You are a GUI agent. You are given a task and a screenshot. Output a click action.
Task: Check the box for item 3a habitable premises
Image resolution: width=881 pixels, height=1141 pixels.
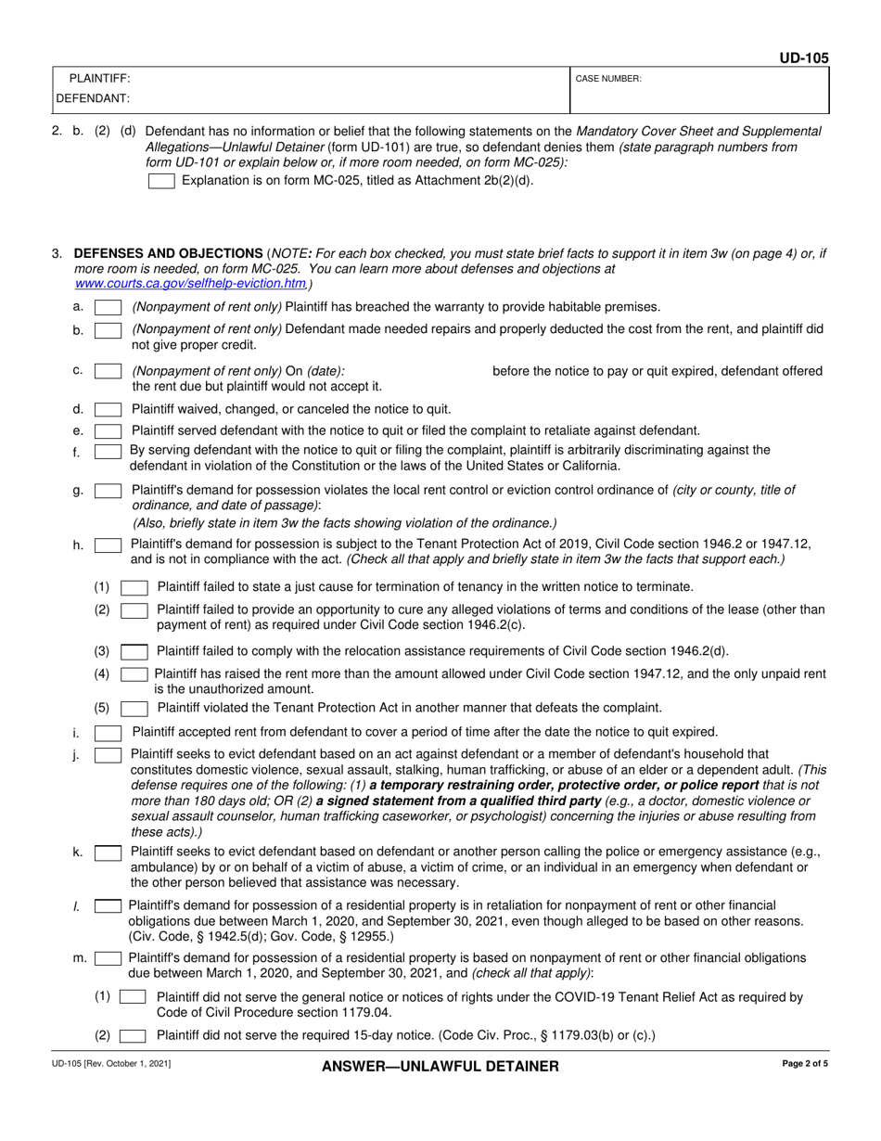click(108, 307)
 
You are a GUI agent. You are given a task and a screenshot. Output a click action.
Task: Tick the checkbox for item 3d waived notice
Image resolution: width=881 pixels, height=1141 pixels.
click(108, 409)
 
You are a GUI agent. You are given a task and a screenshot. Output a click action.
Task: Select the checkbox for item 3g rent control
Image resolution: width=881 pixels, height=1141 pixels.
click(108, 491)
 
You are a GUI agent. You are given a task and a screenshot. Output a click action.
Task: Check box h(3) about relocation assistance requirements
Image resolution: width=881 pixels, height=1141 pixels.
click(134, 651)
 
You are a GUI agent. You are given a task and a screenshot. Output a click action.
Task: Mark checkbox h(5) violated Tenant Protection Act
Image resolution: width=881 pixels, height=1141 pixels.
click(134, 709)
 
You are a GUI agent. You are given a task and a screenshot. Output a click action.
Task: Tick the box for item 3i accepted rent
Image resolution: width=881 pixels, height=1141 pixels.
click(108, 733)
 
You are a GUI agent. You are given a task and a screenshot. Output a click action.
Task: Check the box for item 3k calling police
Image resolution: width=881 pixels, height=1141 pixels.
click(108, 852)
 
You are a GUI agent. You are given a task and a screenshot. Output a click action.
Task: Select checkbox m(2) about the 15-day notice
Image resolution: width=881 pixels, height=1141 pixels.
click(134, 1035)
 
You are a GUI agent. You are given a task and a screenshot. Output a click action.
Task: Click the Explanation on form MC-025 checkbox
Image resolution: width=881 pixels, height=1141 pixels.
click(161, 181)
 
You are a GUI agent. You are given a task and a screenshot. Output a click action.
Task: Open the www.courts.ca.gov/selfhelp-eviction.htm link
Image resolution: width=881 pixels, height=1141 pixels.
click(190, 283)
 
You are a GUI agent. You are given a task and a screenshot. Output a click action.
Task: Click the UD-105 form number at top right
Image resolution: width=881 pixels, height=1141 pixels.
click(803, 58)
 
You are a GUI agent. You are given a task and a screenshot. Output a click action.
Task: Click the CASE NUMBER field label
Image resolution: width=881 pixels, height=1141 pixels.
click(608, 80)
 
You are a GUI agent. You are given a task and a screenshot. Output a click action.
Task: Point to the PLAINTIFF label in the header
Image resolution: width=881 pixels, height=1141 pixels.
click(100, 79)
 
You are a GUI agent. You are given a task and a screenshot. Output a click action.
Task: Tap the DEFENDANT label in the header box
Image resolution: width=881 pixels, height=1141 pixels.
click(93, 97)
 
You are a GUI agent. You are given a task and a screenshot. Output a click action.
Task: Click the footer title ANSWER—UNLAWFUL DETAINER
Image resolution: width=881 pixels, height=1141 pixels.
click(440, 1067)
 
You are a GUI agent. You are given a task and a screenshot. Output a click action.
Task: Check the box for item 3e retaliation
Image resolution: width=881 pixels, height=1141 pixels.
click(108, 430)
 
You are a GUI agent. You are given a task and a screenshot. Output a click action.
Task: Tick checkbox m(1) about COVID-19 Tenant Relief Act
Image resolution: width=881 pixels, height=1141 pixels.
click(134, 997)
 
